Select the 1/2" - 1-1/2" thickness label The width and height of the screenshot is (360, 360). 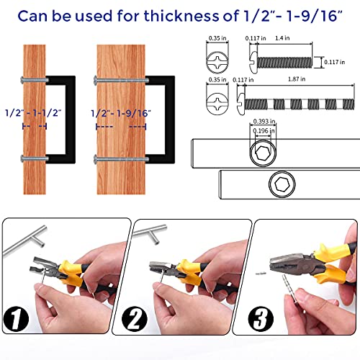click(34, 113)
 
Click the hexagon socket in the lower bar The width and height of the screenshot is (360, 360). click(282, 186)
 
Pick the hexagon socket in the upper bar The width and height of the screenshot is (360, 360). click(263, 151)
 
